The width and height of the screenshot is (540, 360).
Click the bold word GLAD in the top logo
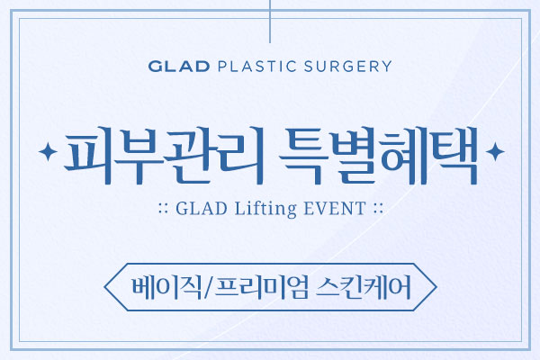click(179, 66)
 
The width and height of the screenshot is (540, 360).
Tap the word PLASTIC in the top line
click(256, 66)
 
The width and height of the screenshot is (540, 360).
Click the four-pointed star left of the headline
click(48, 151)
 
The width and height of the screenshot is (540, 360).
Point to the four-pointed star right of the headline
click(495, 151)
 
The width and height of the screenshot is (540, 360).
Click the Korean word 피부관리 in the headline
click(164, 156)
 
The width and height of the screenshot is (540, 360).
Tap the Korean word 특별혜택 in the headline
click(378, 156)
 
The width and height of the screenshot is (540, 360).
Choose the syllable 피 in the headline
click(89, 156)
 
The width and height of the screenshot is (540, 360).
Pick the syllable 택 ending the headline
click(454, 156)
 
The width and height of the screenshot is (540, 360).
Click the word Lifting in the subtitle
click(265, 209)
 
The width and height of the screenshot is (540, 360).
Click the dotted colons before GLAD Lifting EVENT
click(164, 209)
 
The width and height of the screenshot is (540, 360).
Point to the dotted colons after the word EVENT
click(378, 209)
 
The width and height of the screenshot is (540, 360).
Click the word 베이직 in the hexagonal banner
click(167, 287)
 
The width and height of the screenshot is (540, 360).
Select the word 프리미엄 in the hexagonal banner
click(261, 287)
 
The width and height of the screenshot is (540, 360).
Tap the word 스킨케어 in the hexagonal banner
click(364, 287)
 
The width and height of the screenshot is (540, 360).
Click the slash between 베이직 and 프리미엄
click(209, 287)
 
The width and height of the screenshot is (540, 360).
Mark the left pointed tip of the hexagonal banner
click(104, 287)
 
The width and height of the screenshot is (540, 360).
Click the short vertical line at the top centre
click(270, 22)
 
